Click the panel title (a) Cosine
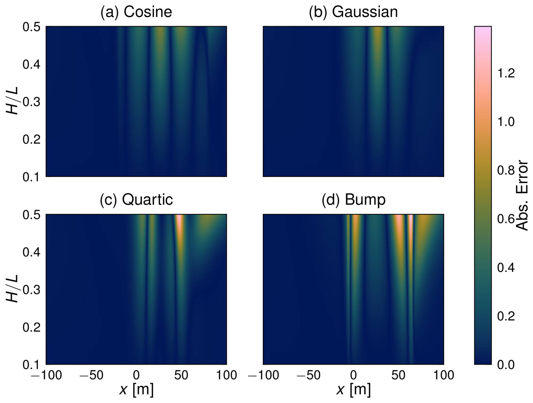136,12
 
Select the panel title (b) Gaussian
353,12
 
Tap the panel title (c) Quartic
136,200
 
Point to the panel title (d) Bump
353,200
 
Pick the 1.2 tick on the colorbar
506,73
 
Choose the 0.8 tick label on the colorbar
506,170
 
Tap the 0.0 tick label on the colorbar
506,365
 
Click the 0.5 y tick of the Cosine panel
32,27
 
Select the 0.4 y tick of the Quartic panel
32,252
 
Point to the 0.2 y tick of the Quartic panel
32,327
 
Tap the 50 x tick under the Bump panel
398,375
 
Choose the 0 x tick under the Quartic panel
136,375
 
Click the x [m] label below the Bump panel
353,390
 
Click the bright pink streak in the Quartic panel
179,222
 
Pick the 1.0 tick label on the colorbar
506,122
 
